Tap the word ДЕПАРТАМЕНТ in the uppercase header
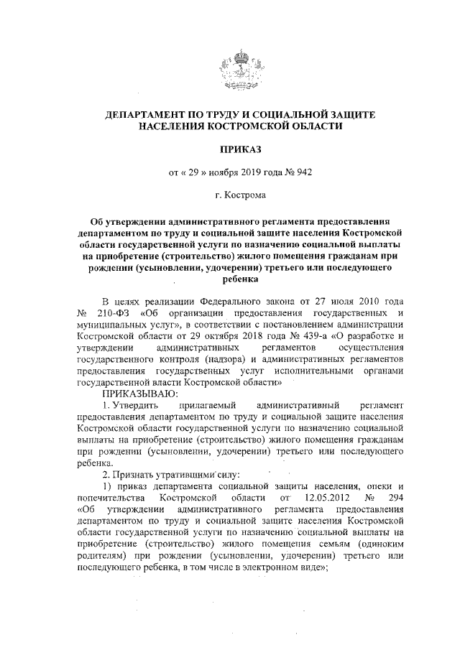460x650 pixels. (x=146, y=113)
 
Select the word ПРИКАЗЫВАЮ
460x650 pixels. (x=135, y=394)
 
